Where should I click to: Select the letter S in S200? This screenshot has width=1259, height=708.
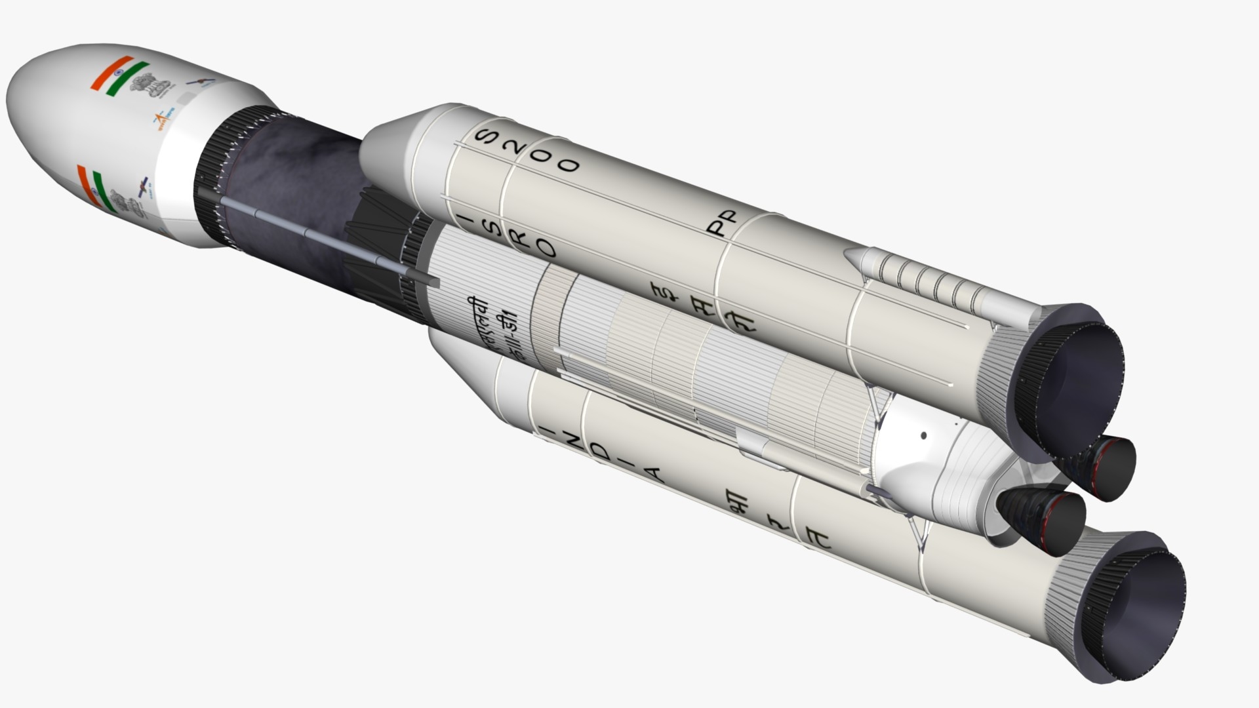tap(486, 136)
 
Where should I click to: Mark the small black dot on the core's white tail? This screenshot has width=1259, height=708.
tap(924, 435)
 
